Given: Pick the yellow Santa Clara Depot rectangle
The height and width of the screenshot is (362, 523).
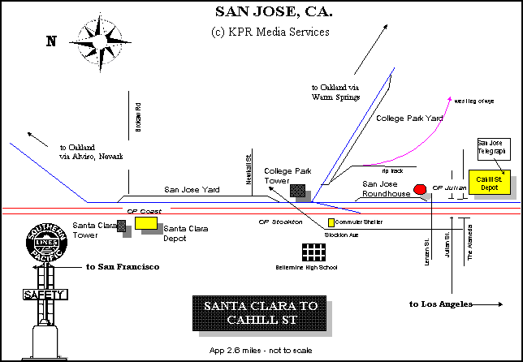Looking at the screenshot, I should [x=146, y=222].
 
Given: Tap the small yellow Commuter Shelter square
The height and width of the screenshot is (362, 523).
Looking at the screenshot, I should [x=331, y=222].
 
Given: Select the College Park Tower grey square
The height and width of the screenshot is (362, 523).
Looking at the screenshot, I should [x=299, y=191].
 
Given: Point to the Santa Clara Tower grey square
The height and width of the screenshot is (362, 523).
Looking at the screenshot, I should [x=122, y=226].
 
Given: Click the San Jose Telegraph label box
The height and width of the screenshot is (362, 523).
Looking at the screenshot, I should [x=491, y=147].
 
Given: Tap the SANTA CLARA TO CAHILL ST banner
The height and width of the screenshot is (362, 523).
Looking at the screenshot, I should [x=261, y=312].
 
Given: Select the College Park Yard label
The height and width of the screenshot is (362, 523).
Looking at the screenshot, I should [x=410, y=119].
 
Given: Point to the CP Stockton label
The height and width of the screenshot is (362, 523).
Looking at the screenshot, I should [x=280, y=222].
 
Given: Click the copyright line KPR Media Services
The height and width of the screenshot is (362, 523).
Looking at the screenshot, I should [x=270, y=32].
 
